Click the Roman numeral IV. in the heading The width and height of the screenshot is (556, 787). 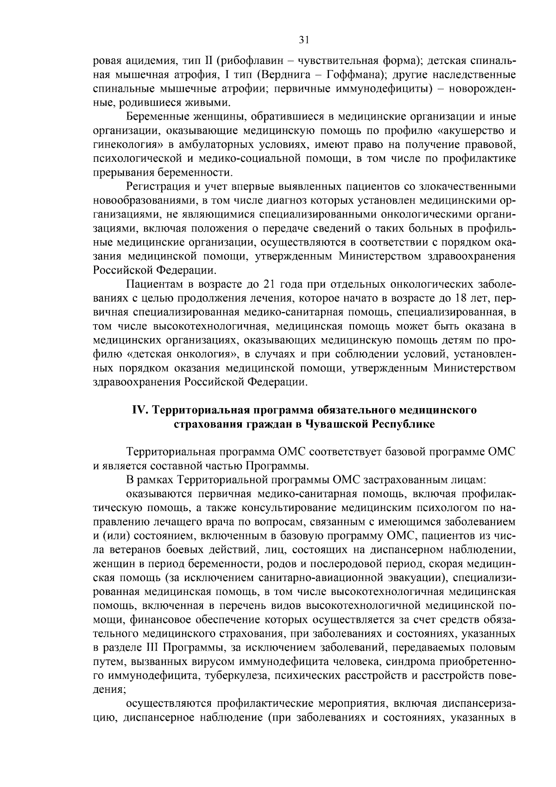pos(140,410)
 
